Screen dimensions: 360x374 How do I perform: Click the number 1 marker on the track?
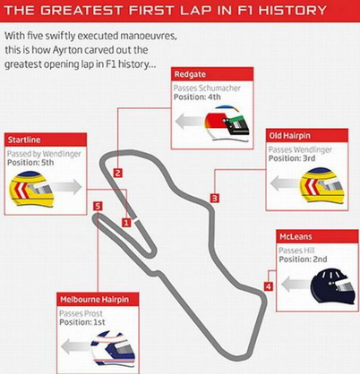pyautogui.click(x=126, y=223)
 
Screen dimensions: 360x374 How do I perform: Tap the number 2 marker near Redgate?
pyautogui.click(x=118, y=173)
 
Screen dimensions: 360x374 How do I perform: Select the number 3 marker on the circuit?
pyautogui.click(x=215, y=198)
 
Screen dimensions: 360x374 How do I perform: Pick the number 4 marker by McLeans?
pyautogui.click(x=269, y=286)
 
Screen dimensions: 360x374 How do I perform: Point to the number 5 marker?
pyautogui.click(x=98, y=207)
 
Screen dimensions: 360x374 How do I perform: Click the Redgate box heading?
pyautogui.click(x=190, y=74)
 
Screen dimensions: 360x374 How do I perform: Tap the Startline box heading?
pyautogui.click(x=24, y=140)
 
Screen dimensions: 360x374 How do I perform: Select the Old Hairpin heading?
pyautogui.click(x=290, y=136)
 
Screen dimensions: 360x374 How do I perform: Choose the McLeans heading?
pyautogui.click(x=296, y=236)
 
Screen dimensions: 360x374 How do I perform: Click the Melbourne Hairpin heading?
pyautogui.click(x=95, y=300)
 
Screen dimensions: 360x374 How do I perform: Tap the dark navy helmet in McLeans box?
pyautogui.click(x=333, y=285)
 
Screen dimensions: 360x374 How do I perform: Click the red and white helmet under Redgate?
pyautogui.click(x=227, y=123)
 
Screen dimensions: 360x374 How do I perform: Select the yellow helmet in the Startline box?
pyautogui.click(x=31, y=189)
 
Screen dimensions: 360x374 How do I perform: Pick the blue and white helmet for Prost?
pyautogui.click(x=113, y=348)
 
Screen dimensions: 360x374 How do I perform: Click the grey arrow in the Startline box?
pyautogui.click(x=67, y=187)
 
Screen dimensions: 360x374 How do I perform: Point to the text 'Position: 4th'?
pyautogui.click(x=197, y=97)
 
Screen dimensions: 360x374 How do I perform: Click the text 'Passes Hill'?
pyautogui.click(x=296, y=251)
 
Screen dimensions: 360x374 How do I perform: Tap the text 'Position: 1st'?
pyautogui.click(x=82, y=322)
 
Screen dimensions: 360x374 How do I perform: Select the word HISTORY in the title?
pyautogui.click(x=293, y=11)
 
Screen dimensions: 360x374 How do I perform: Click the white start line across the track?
pyautogui.click(x=136, y=220)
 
